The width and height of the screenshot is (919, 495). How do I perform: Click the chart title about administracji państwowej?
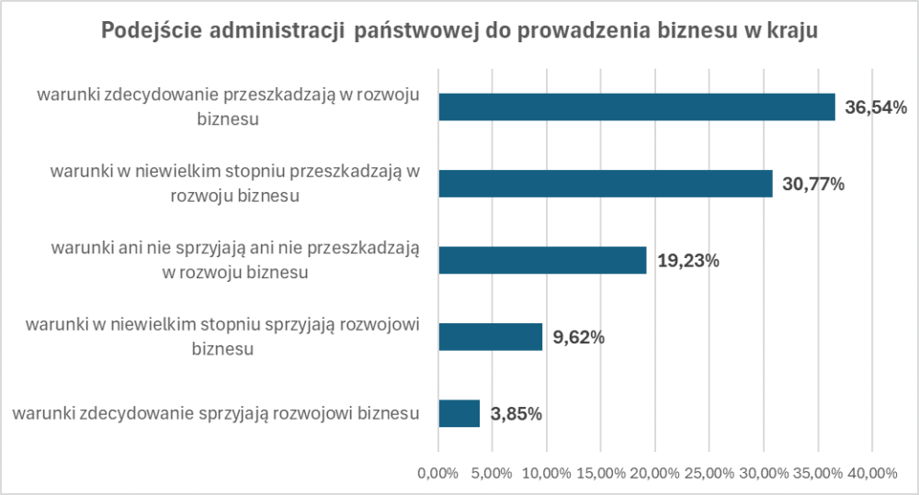(459, 30)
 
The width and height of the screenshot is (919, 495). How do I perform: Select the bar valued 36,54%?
(636, 107)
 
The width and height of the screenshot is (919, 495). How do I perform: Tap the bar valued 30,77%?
(605, 184)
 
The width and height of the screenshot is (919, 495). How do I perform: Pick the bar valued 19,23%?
(542, 261)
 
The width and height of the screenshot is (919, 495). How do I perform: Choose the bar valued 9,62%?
(490, 337)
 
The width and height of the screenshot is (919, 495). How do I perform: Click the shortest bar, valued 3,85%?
(459, 413)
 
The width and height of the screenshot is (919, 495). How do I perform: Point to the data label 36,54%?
(876, 107)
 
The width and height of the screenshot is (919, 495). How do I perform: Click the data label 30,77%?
(813, 184)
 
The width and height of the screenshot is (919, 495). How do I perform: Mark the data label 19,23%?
(688, 261)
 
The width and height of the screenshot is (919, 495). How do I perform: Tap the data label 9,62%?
(578, 337)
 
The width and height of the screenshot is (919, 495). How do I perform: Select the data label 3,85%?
(516, 413)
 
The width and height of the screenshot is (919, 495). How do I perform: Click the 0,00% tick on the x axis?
(438, 473)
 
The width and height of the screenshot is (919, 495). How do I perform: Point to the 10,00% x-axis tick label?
(547, 473)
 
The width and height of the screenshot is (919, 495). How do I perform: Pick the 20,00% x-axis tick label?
(655, 473)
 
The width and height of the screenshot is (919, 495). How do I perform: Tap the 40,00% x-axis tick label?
(872, 473)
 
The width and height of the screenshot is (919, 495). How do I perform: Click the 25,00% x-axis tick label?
(709, 473)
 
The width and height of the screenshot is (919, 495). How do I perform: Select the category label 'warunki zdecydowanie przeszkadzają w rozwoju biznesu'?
(228, 106)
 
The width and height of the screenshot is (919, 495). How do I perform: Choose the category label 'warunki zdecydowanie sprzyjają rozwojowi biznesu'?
(217, 413)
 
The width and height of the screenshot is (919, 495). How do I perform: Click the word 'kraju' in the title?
(790, 30)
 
